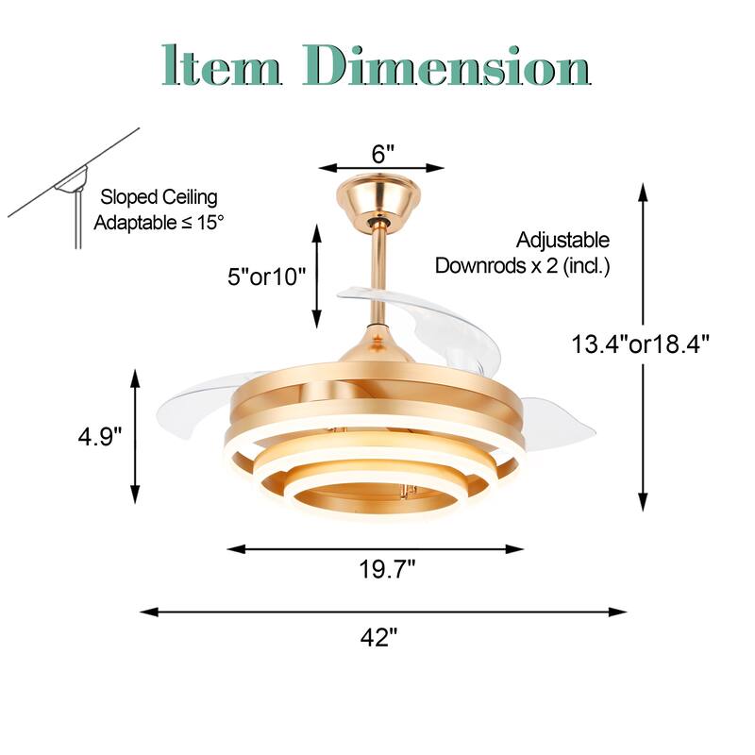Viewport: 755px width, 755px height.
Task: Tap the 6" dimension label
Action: [x=382, y=154]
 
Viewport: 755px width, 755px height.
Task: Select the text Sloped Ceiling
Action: [x=159, y=197]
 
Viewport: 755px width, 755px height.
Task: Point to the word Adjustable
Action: [x=562, y=241]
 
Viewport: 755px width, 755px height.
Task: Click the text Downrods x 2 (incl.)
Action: [x=522, y=266]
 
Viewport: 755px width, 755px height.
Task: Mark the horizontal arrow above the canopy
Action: [x=381, y=168]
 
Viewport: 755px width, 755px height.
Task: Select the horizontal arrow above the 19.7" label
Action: [x=376, y=548]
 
